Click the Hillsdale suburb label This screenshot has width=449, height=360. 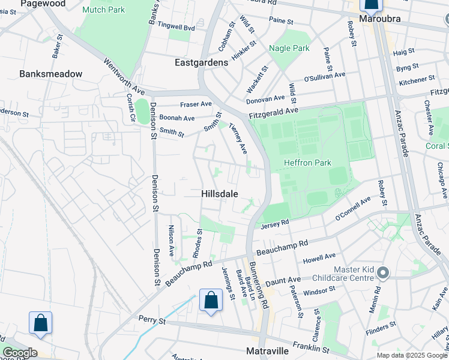click(x=219, y=194)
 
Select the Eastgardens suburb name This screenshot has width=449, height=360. click(x=201, y=62)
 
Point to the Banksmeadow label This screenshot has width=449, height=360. click(x=50, y=74)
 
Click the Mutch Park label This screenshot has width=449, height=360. click(x=104, y=10)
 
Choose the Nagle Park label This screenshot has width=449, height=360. click(x=289, y=48)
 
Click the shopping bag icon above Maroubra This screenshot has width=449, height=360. click(x=371, y=5)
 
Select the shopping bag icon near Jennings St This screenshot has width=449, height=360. click(x=211, y=301)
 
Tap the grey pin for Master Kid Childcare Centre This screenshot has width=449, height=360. click(x=384, y=274)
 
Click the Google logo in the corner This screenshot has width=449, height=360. click(x=19, y=353)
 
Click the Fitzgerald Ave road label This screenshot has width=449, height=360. click(x=274, y=111)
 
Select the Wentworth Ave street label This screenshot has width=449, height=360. click(x=125, y=76)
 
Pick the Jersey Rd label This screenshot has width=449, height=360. click(x=276, y=224)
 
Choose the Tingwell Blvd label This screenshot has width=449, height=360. click(x=178, y=28)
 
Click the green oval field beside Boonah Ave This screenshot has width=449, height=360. click(x=142, y=112)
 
